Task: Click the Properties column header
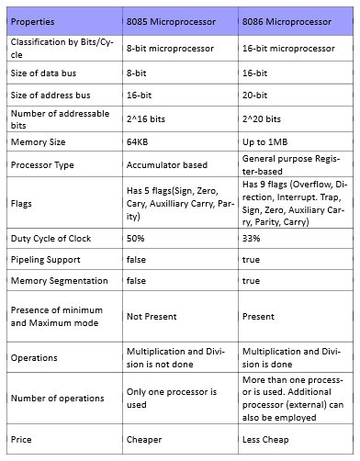pyautogui.click(x=32, y=20)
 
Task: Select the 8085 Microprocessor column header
pyautogui.click(x=172, y=20)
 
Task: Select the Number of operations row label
pyautogui.click(x=58, y=399)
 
